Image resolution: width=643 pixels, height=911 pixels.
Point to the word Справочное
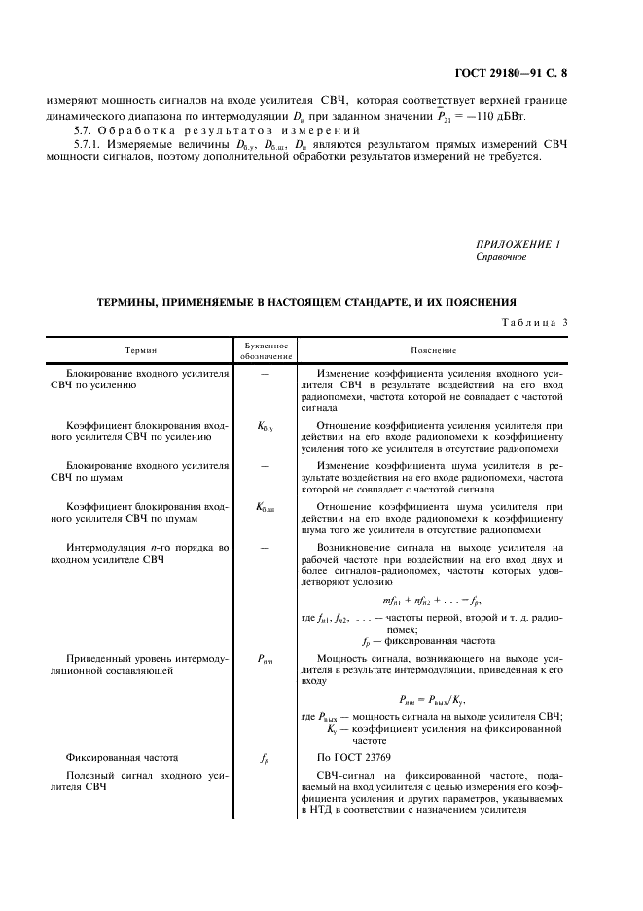pyautogui.click(x=501, y=258)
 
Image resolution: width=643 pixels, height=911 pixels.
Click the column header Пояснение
pyautogui.click(x=434, y=350)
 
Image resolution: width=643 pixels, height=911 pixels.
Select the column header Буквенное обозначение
pyautogui.click(x=264, y=350)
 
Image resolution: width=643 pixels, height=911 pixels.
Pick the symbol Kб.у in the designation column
pyautogui.click(x=265, y=427)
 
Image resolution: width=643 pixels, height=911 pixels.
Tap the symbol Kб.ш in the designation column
pyautogui.click(x=265, y=507)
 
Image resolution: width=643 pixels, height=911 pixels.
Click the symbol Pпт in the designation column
pyautogui.click(x=265, y=659)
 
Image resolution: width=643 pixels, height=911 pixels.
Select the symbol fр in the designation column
pyautogui.click(x=265, y=757)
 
